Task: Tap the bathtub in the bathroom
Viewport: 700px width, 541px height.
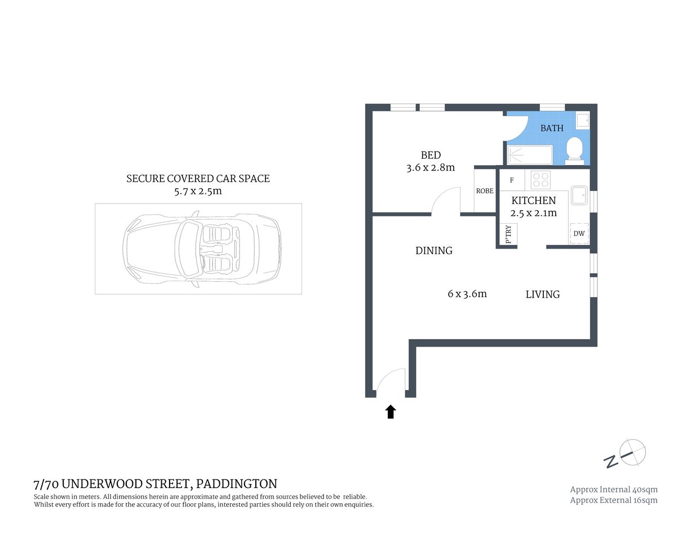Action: click(529, 155)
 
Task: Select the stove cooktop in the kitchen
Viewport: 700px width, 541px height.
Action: click(540, 180)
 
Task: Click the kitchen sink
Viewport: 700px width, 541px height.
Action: click(579, 196)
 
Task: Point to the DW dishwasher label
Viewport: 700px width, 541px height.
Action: click(579, 233)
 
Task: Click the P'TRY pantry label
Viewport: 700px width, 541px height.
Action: click(508, 234)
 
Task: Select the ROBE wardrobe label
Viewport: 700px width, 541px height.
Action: click(485, 191)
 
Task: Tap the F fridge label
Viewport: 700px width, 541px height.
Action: click(512, 180)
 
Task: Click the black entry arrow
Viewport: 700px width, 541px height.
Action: click(391, 412)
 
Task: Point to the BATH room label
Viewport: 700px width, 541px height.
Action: click(552, 128)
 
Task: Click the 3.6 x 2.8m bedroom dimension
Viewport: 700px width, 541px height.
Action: click(431, 167)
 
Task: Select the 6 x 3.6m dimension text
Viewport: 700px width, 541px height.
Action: click(467, 294)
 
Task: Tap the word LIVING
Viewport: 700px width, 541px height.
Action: click(543, 294)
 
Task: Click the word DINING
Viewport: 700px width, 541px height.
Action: click(434, 251)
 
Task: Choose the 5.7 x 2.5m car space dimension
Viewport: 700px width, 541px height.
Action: click(198, 191)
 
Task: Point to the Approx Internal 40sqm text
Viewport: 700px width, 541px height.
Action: click(614, 489)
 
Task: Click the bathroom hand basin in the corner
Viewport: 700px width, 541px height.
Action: click(582, 120)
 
